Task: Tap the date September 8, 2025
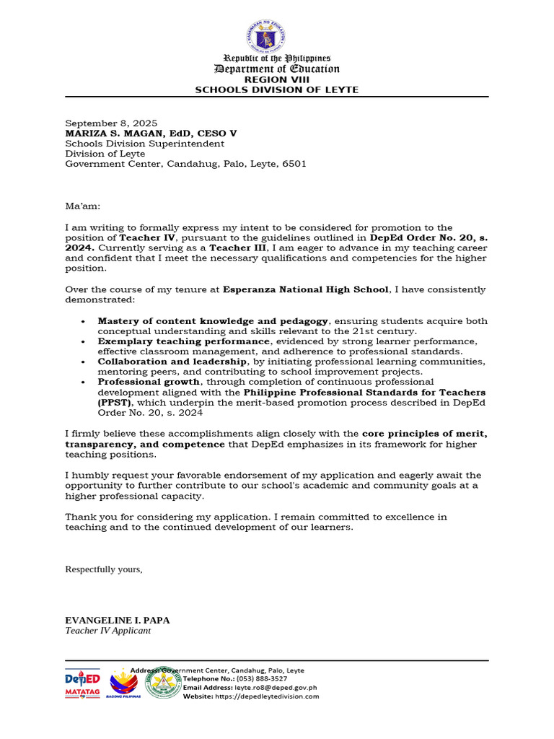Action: [x=111, y=123]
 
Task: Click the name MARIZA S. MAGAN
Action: [x=118, y=134]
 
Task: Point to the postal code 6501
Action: [x=294, y=164]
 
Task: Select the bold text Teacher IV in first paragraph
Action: [x=143, y=237]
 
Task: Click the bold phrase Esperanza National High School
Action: [x=306, y=289]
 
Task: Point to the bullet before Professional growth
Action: [x=84, y=382]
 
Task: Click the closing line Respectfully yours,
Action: [x=104, y=569]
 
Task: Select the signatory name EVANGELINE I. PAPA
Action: [x=118, y=620]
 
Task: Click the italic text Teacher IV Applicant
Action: [x=108, y=630]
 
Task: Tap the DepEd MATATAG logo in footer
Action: [x=82, y=683]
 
